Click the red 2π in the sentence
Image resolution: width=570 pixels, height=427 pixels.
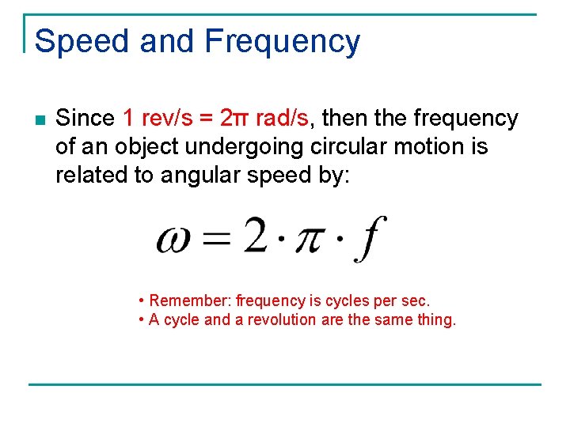236,119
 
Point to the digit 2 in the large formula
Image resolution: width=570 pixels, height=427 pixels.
255,236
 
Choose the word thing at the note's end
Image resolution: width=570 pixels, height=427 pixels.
438,320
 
